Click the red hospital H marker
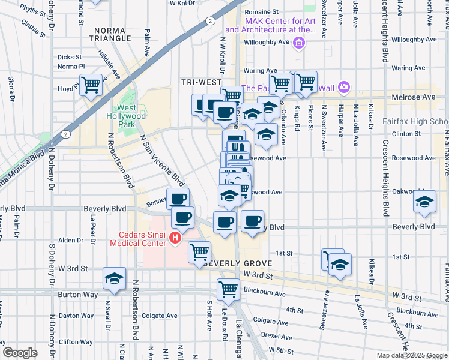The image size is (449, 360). pos(175,239)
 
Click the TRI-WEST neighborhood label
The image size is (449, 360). pos(197,82)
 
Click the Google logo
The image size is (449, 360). pos(20,352)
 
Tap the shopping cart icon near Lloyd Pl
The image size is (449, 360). pos(91,85)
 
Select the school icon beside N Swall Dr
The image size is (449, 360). pos(114,278)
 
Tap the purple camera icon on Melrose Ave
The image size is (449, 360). pos(343,88)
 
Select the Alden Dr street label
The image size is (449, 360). pos(71,240)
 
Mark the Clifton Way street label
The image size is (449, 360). pos(76,342)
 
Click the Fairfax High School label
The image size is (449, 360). pos(415,121)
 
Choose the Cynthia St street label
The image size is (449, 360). pos(33,27)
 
